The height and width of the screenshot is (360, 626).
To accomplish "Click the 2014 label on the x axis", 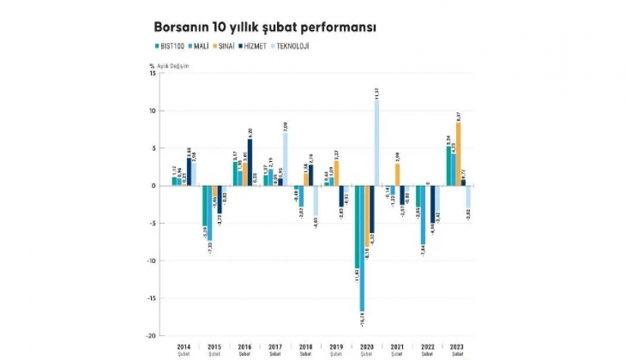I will [x=184, y=345].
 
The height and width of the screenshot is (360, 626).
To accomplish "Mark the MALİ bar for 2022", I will [x=423, y=214].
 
